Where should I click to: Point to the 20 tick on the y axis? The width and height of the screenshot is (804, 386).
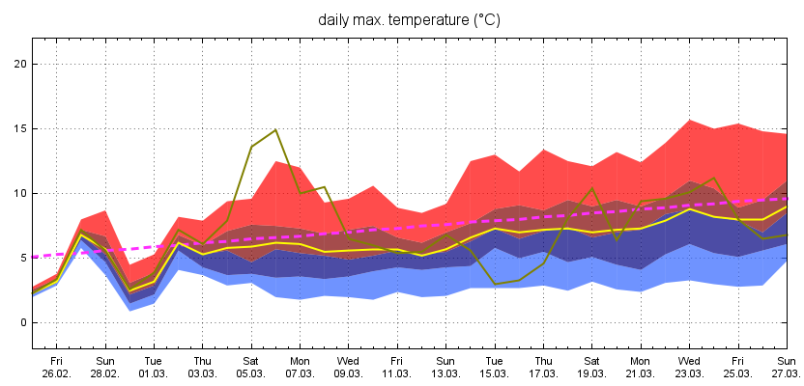point(18,64)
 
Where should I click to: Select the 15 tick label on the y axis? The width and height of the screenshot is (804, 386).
point(18,128)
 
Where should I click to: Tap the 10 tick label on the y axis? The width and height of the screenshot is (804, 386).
point(18,193)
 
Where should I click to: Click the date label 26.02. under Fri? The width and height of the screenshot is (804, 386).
point(57,373)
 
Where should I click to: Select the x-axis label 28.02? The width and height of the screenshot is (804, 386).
point(105,373)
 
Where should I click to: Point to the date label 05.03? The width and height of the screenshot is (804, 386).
point(251,373)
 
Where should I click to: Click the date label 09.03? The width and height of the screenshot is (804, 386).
point(349,373)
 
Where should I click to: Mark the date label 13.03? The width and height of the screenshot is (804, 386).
point(446,373)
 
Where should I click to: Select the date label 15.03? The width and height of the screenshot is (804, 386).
point(495,373)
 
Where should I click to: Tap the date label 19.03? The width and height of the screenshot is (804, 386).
point(592,373)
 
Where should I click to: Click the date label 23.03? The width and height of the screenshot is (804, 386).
point(690,373)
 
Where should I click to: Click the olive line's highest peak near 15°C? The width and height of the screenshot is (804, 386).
point(275,129)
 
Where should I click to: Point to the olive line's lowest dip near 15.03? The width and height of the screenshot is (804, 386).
point(495,284)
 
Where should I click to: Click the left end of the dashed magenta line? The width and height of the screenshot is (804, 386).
point(35,257)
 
